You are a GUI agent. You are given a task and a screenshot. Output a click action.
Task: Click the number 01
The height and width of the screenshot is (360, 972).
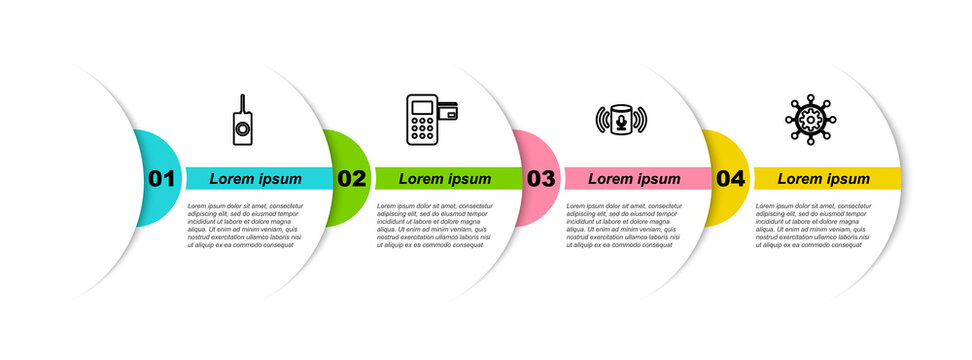161,179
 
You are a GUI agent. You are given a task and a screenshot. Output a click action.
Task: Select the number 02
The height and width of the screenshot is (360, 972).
351,179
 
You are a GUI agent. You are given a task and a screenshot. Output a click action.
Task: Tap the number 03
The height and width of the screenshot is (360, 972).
541,179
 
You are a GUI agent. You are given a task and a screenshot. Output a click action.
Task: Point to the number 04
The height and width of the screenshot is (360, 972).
730,179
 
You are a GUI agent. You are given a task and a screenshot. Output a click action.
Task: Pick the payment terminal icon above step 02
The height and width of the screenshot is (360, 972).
431,121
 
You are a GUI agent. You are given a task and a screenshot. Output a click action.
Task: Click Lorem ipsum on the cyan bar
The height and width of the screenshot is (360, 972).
256,179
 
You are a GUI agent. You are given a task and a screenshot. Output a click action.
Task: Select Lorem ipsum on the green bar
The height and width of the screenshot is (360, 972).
445,179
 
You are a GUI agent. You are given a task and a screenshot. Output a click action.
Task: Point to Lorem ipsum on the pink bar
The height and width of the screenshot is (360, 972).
634,179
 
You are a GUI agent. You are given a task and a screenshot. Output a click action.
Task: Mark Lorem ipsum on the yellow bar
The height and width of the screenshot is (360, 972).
824,179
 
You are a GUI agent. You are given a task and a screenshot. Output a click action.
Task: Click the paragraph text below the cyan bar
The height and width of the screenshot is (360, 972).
245,224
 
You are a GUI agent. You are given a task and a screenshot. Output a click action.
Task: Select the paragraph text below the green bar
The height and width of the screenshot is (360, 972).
435,224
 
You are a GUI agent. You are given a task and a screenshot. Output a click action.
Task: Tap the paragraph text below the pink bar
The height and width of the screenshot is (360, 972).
624,224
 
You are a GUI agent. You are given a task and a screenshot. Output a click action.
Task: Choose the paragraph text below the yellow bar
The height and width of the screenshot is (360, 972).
814,224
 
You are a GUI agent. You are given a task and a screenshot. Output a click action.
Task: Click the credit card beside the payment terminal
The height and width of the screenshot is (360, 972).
448,112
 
